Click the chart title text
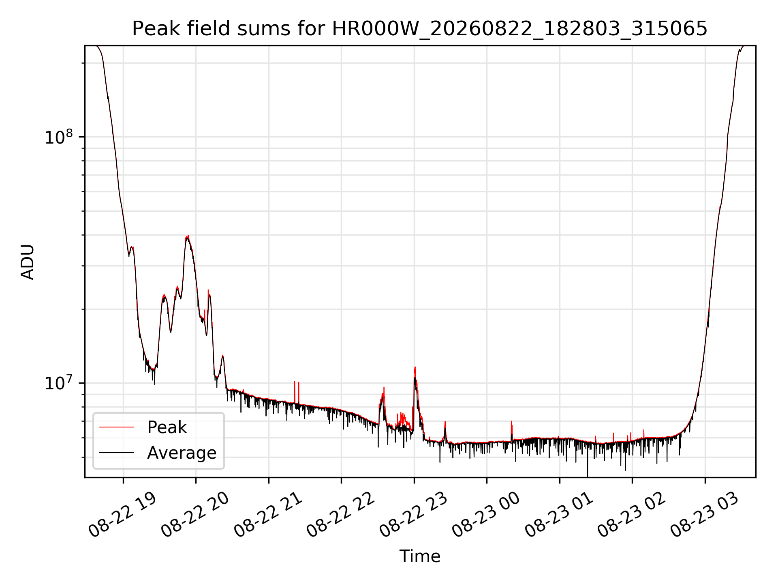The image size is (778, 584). tap(420, 29)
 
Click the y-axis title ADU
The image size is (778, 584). tap(28, 262)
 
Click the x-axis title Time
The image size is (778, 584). tap(420, 556)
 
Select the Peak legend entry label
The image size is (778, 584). tap(167, 427)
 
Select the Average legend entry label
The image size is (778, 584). tap(182, 453)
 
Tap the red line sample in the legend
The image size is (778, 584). tap(117, 427)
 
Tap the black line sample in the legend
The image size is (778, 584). tap(117, 453)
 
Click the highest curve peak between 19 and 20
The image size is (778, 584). tap(188, 236)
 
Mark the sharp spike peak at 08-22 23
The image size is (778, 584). tap(415, 367)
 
